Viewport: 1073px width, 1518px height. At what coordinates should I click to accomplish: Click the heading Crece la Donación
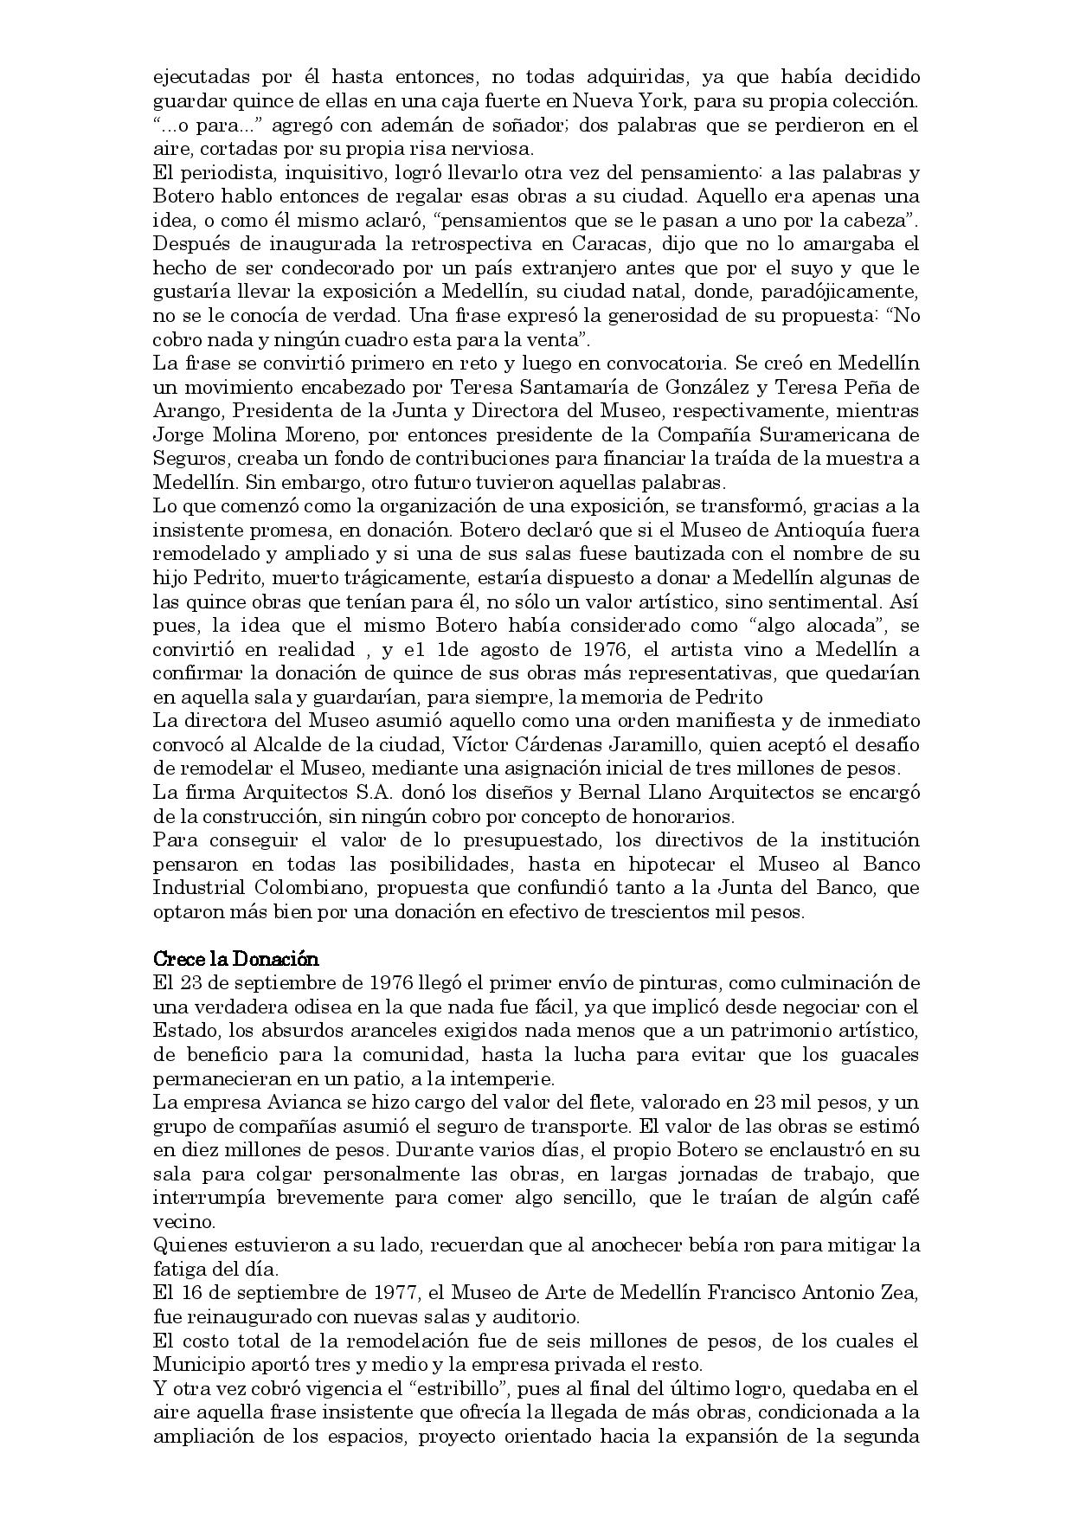click(x=235, y=959)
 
